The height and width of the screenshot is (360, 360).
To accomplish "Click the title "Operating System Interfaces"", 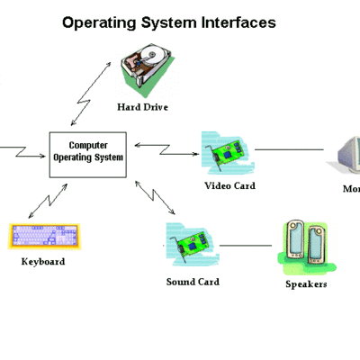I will pos(168,22).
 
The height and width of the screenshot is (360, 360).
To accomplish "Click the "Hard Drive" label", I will pos(142,107).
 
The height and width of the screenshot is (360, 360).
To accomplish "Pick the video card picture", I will pos(225,154).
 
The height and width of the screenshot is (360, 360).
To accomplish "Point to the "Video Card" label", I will pos(229,186).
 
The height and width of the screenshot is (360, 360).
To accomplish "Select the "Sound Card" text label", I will pos(193,282).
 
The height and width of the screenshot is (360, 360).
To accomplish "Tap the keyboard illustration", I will pos(43,237).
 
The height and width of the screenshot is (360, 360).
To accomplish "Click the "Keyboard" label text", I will pos(43,262).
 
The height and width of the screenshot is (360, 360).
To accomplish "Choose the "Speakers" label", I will pos(305,284).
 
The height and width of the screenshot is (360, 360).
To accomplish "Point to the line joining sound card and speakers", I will pos(247,245).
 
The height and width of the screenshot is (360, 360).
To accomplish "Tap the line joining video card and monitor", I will pos(288,149).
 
